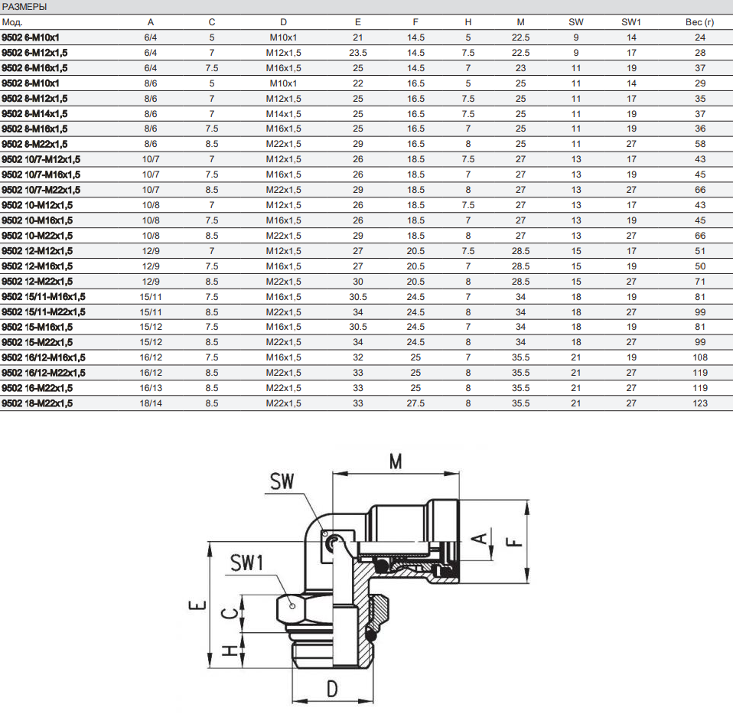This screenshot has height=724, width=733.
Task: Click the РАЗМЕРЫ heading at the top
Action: click(x=24, y=7)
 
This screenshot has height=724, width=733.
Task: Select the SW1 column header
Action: click(x=631, y=22)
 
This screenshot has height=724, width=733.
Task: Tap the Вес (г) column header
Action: click(x=699, y=22)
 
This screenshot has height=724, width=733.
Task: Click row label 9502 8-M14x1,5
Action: click(x=34, y=113)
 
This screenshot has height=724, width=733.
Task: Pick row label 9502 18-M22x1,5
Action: click(x=37, y=403)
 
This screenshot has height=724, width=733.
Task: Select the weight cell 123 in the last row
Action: click(x=700, y=403)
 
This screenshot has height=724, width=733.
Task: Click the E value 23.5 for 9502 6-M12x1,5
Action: click(x=357, y=53)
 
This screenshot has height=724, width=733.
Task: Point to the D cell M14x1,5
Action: click(x=283, y=113)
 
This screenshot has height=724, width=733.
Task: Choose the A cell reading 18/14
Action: click(x=151, y=403)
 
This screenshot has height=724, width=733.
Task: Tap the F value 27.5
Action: click(x=415, y=403)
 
